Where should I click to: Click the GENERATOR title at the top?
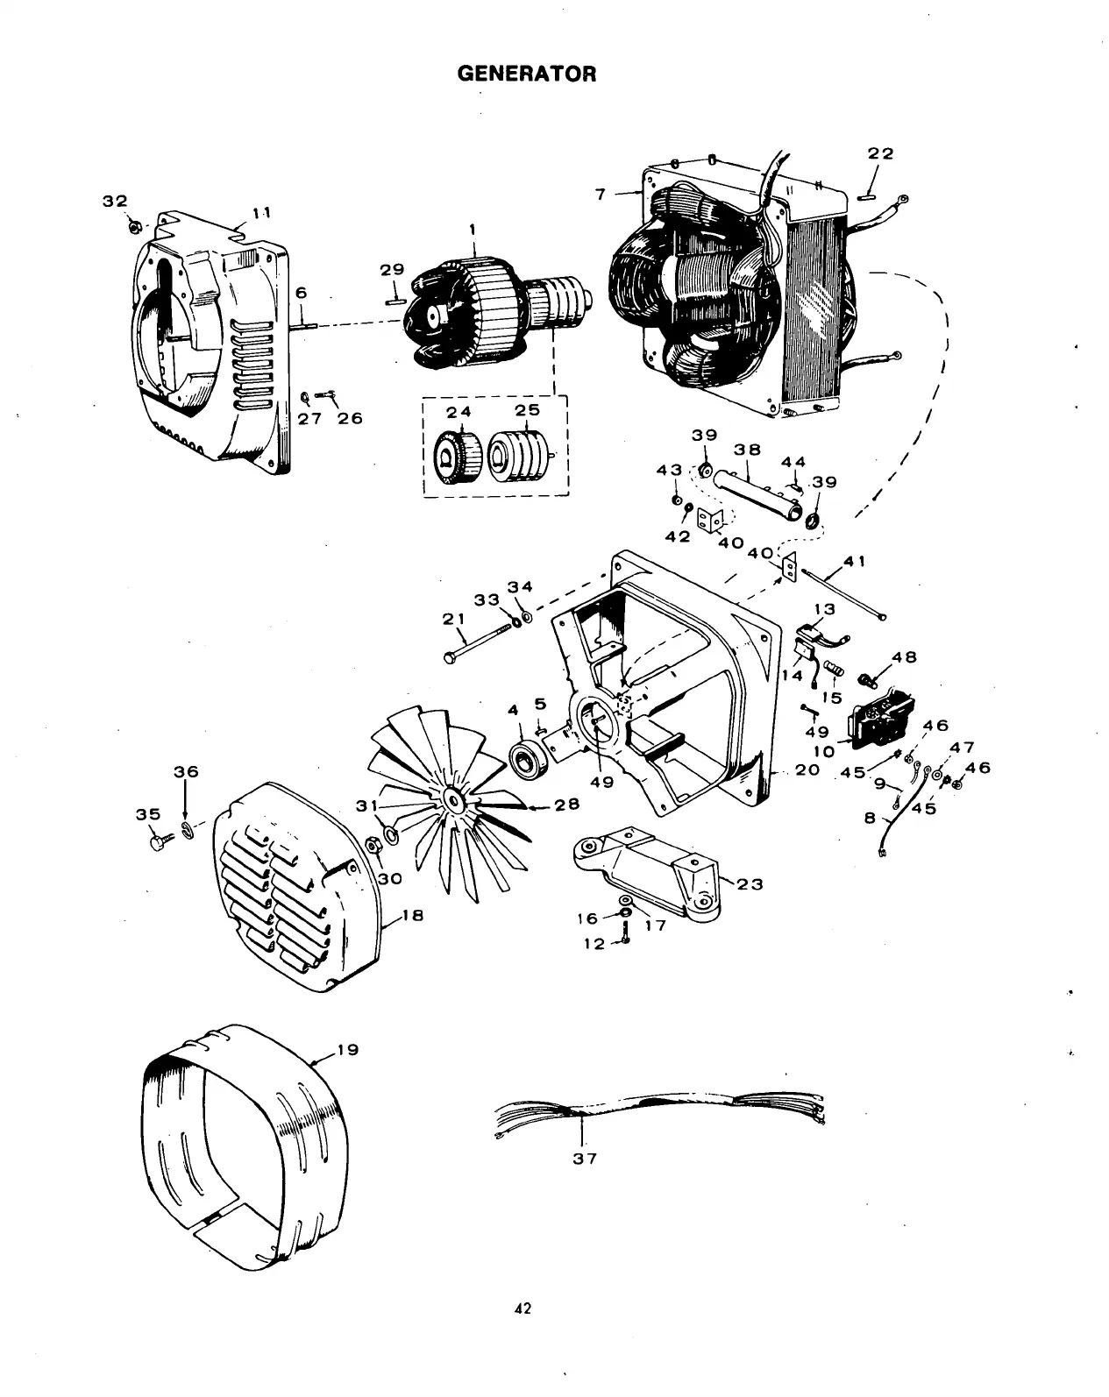click(x=527, y=74)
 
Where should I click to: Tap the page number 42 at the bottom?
click(x=523, y=1309)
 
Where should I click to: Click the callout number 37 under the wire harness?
click(x=585, y=1159)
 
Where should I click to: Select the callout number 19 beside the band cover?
click(x=348, y=1049)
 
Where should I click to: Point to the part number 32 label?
click(x=115, y=201)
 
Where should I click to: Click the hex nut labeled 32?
click(x=134, y=226)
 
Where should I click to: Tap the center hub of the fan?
click(x=453, y=799)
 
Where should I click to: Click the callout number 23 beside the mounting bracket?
click(x=750, y=884)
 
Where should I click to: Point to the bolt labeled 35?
click(x=160, y=842)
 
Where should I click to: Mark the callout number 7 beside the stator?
click(x=601, y=195)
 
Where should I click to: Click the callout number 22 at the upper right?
click(x=880, y=153)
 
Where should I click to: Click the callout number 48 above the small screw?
click(x=904, y=657)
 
